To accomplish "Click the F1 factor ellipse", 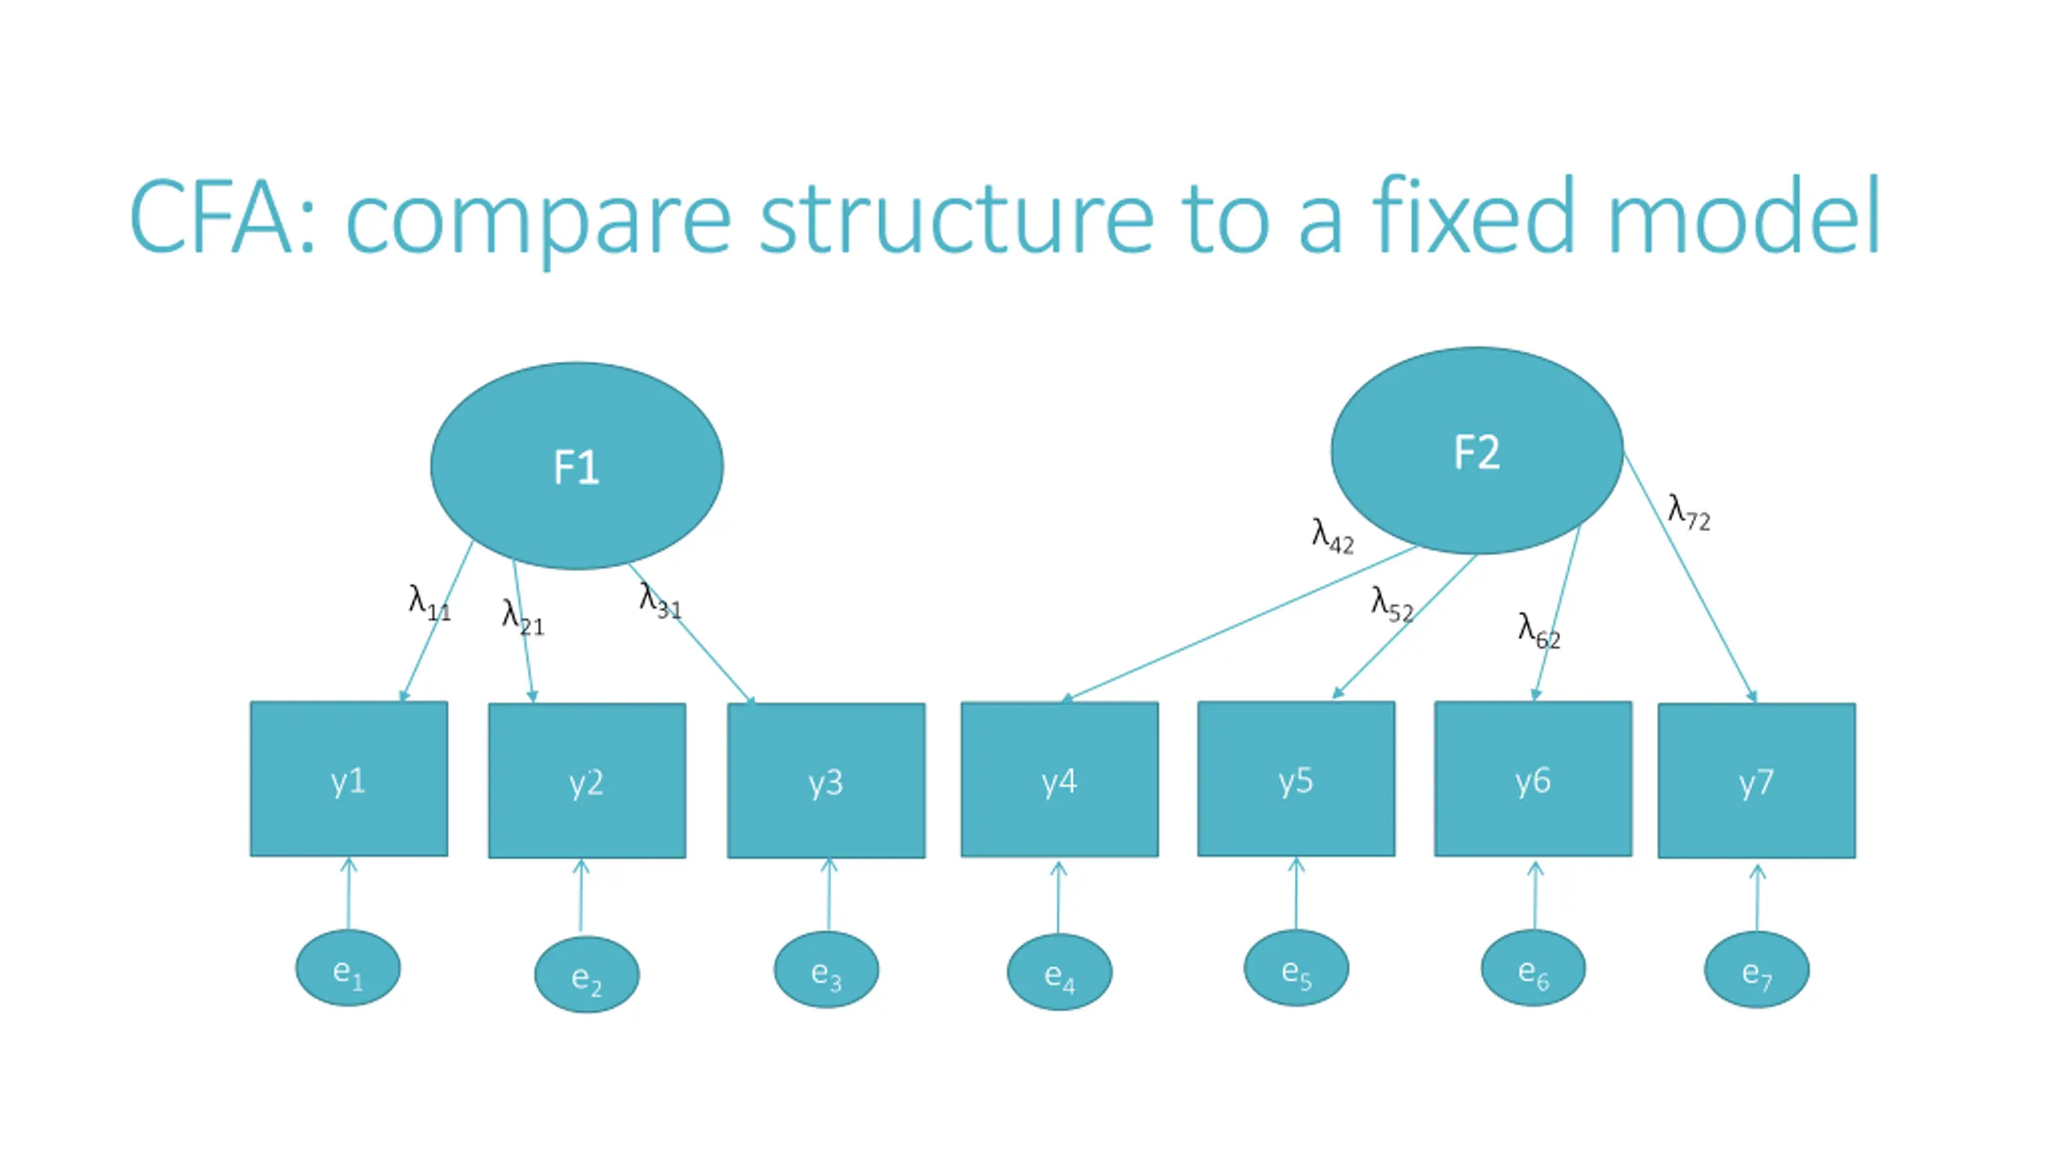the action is tap(577, 466).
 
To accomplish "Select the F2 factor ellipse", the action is tap(1477, 450).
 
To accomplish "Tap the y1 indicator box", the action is tap(348, 779).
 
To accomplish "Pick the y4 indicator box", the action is tap(1059, 779).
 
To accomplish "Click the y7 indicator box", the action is tap(1756, 781).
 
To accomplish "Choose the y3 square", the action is tap(826, 781).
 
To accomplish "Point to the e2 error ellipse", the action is tap(587, 974).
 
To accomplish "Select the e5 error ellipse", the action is tap(1296, 968).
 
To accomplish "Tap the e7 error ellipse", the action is tap(1756, 970).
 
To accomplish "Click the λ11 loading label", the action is tap(429, 603).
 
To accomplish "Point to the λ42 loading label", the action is tap(1332, 536).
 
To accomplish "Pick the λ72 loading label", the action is tap(1688, 512).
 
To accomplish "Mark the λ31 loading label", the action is tap(660, 600).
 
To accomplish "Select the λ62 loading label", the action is tap(1539, 630).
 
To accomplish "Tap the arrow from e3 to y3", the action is tap(829, 894).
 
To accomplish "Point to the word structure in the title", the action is tap(955, 219).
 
